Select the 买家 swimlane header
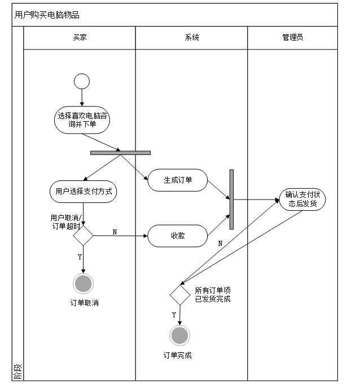point(80,38)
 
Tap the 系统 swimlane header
point(192,38)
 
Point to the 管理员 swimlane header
point(292,38)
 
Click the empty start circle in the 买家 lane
point(82,82)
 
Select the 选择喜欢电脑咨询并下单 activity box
point(82,120)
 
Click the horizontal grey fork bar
point(120,152)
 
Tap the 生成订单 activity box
point(178,180)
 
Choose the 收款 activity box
point(178,236)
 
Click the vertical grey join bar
point(231,198)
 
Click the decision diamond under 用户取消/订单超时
point(83,236)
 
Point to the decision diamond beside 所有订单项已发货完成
point(180,294)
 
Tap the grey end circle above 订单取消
point(84,284)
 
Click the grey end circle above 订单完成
point(180,336)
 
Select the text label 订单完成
point(178,356)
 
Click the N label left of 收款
point(115,232)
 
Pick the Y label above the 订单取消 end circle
point(79,257)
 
